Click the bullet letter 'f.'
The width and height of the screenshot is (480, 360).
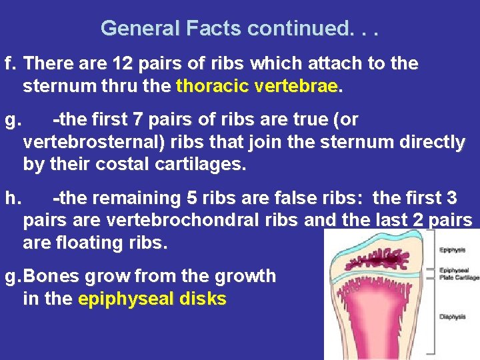point(10,64)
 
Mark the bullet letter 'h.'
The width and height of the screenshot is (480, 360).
point(11,198)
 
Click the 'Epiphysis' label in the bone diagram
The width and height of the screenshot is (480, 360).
point(453,251)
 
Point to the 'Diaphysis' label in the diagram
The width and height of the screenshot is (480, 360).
point(453,317)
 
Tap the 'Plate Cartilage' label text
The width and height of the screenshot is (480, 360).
point(459,277)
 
